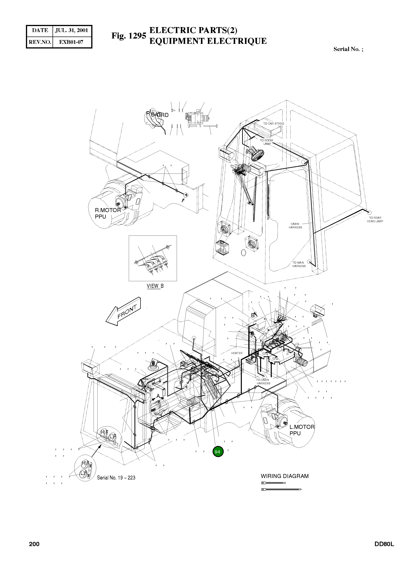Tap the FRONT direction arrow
pyautogui.click(x=123, y=312)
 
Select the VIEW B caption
pyautogui.click(x=155, y=286)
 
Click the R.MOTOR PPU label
pyautogui.click(x=108, y=213)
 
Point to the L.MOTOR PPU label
pyautogui.click(x=302, y=430)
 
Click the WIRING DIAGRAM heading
pyautogui.click(x=285, y=476)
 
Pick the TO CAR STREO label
pyautogui.click(x=273, y=124)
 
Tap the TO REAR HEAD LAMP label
pyautogui.click(x=375, y=219)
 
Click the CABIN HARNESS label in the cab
pyautogui.click(x=295, y=226)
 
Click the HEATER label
pyautogui.click(x=237, y=353)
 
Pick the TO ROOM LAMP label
pyautogui.click(x=266, y=142)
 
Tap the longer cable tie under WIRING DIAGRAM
pyautogui.click(x=281, y=489)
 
